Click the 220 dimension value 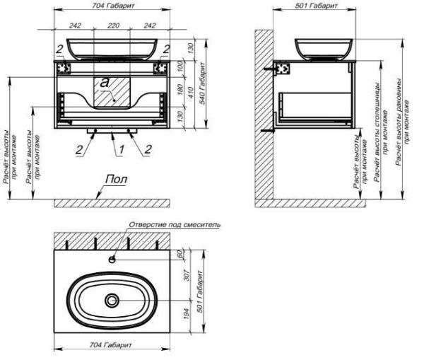[x=112, y=24]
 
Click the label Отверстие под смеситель [x=175, y=224]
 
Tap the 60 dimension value [x=180, y=253]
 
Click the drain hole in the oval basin [x=112, y=301]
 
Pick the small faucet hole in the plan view [x=112, y=259]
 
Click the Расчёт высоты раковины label [x=402, y=120]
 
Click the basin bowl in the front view [x=112, y=48]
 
